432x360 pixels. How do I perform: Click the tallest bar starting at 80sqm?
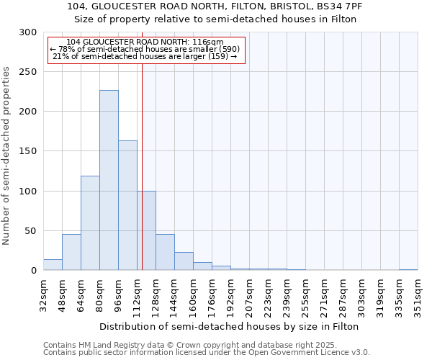109,180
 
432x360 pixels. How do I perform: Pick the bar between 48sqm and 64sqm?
71,252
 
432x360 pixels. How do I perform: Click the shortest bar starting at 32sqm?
53,265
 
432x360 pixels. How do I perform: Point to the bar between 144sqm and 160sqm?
184,261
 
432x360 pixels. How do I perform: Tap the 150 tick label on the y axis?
28,151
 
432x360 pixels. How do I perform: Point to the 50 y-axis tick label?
31,231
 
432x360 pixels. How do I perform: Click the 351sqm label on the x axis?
418,296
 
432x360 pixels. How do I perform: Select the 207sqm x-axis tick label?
249,296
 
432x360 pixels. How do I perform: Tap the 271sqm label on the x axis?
324,296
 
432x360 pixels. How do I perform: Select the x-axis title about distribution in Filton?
230,326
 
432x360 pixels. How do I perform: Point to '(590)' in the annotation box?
225,49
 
